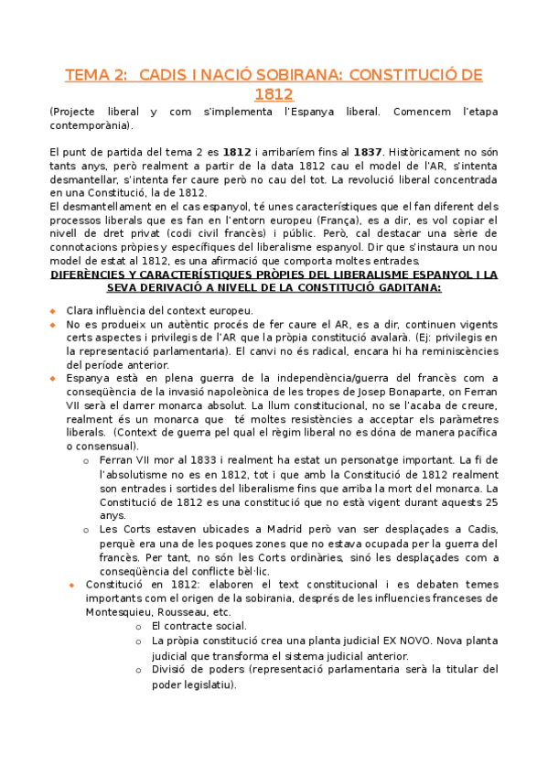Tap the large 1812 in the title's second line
pos(274,94)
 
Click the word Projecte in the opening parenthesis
pos(79,113)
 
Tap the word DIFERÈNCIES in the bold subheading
pos(91,275)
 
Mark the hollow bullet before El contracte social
pos(137,626)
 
